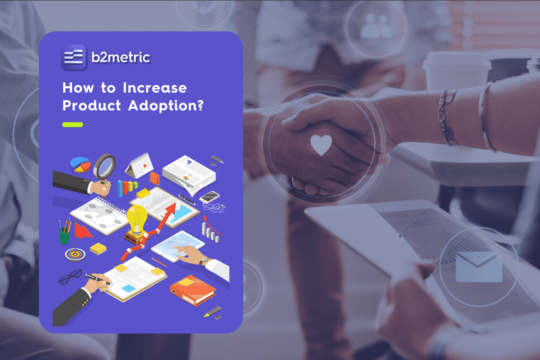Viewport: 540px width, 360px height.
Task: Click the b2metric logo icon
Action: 74,57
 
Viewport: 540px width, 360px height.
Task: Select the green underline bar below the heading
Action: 73,124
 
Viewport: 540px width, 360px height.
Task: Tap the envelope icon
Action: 479,266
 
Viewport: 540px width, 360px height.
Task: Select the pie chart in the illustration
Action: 80,164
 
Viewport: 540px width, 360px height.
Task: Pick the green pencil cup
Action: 64,235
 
